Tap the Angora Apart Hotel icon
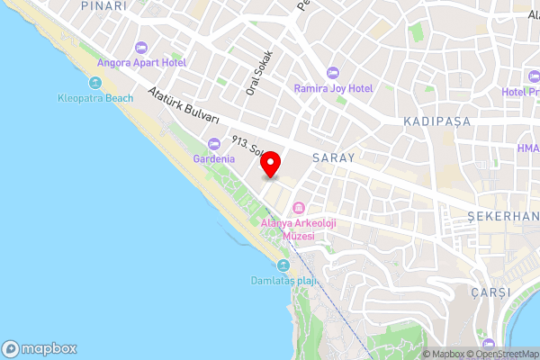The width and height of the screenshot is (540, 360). click(x=139, y=48)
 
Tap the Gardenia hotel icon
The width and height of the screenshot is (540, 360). click(x=213, y=143)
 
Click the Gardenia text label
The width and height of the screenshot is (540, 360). click(x=213, y=158)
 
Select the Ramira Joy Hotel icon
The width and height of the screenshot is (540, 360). click(x=333, y=72)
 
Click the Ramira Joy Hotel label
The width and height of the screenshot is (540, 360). click(x=333, y=88)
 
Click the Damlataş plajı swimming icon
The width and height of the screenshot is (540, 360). click(x=283, y=265)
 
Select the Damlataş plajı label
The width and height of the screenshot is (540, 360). click(x=283, y=280)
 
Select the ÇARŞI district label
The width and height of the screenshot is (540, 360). click(x=490, y=292)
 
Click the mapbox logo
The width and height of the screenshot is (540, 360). click(x=40, y=348)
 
